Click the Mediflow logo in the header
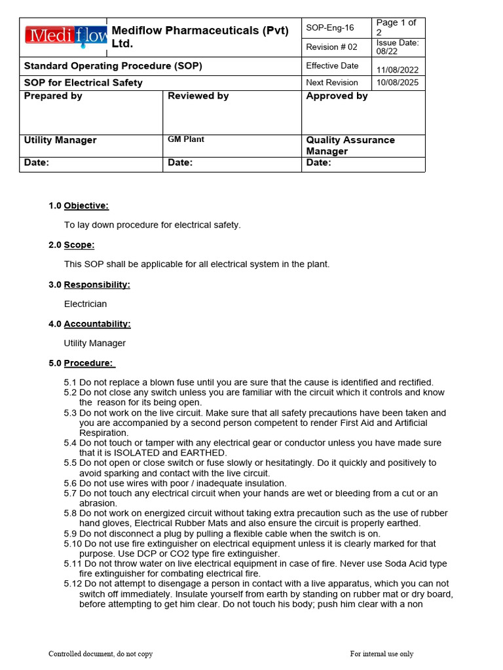click(x=66, y=35)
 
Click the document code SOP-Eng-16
click(x=330, y=27)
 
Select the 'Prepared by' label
click(x=53, y=96)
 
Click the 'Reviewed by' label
click(x=198, y=96)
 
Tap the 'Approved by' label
click(x=337, y=96)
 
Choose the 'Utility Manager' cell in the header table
click(x=60, y=140)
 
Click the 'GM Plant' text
click(x=186, y=139)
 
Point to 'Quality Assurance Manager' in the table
click(x=350, y=145)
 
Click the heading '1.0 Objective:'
click(x=79, y=205)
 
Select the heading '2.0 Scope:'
click(x=71, y=245)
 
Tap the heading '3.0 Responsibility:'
click(x=89, y=285)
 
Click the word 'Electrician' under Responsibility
click(x=85, y=304)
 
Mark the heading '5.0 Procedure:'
click(x=81, y=363)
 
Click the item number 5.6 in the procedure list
click(x=71, y=483)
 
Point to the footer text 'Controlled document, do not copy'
click(x=100, y=654)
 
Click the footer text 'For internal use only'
click(x=381, y=654)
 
